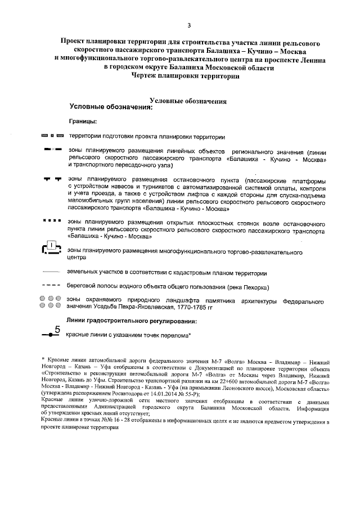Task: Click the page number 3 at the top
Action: coord(189,25)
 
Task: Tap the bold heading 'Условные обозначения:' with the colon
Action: coord(111,107)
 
